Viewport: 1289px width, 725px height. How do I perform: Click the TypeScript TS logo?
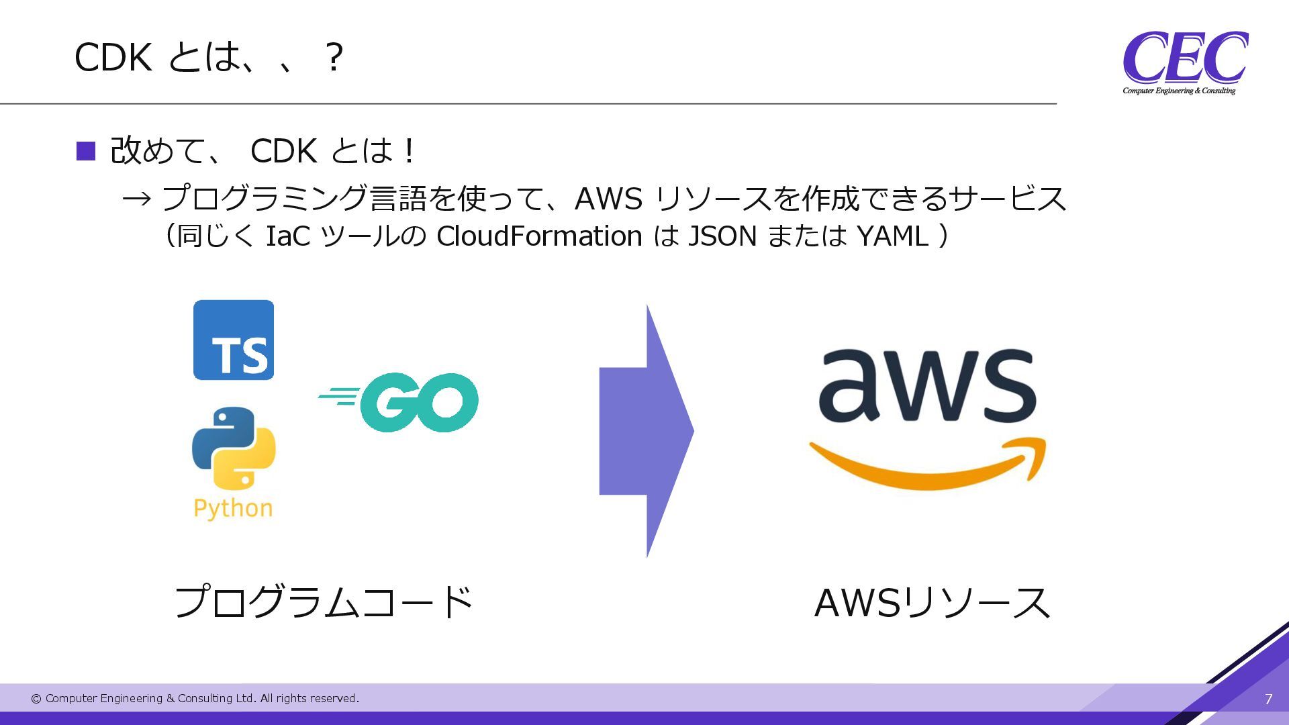click(x=234, y=340)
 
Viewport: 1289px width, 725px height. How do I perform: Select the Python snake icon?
click(x=234, y=448)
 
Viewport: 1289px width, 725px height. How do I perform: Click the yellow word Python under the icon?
click(x=233, y=508)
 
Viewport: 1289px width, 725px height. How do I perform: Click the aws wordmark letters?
click(x=926, y=387)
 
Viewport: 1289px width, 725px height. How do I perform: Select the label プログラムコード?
click(x=323, y=601)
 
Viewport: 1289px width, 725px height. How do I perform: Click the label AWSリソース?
click(x=932, y=602)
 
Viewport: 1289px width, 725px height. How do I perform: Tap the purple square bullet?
click(x=86, y=151)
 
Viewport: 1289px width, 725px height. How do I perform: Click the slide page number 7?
click(x=1268, y=699)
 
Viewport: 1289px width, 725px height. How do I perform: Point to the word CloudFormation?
click(x=539, y=236)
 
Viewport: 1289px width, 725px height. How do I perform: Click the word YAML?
click(x=892, y=236)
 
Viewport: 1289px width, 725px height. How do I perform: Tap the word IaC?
click(x=288, y=236)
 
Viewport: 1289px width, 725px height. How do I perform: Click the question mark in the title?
click(x=334, y=58)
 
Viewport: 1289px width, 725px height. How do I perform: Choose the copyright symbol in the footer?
click(x=36, y=699)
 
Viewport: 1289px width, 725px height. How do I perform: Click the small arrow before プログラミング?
click(x=137, y=199)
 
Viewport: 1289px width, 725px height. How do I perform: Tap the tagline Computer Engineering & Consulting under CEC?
click(x=1179, y=91)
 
